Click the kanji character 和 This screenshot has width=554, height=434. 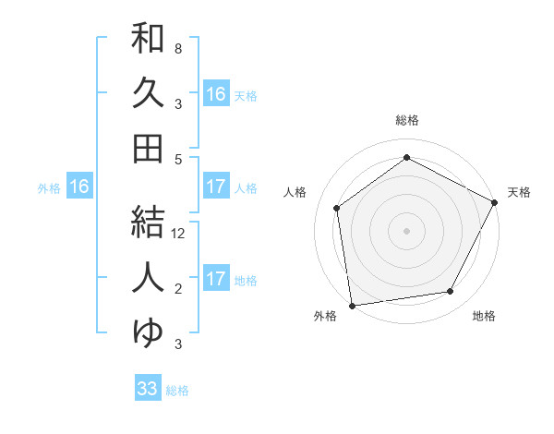point(148,40)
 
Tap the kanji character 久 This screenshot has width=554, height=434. point(148,94)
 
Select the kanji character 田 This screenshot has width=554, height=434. point(148,149)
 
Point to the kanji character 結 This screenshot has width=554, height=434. point(148,222)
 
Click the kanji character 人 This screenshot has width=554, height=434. point(148,276)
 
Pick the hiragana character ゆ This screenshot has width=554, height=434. point(148,331)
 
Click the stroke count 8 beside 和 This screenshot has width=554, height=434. point(178,48)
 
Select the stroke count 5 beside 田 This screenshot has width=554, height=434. point(178,159)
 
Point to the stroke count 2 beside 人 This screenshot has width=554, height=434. point(178,289)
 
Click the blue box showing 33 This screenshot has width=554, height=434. point(148,389)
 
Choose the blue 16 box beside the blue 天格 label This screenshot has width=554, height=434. point(216,94)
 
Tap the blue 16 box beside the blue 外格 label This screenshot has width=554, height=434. point(78,187)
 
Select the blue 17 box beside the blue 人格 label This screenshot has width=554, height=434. point(216,187)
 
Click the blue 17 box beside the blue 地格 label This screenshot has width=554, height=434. point(216,279)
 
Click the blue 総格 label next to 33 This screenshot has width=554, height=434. point(177,391)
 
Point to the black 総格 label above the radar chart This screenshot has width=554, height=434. point(407,120)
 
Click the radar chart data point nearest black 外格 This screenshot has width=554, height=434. point(352,305)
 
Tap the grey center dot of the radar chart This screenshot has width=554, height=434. point(407,230)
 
